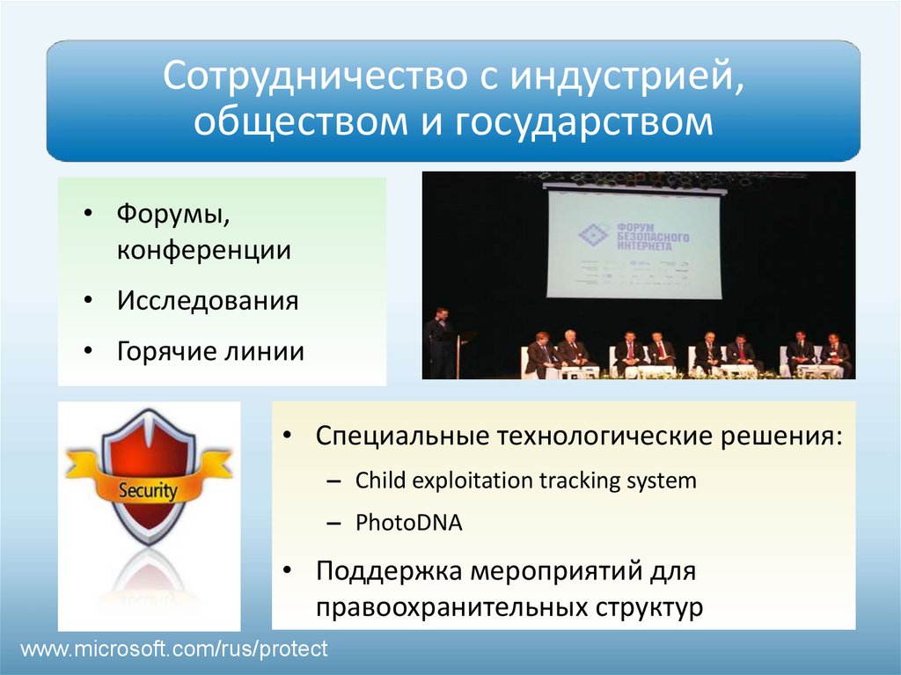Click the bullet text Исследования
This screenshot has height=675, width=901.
208,301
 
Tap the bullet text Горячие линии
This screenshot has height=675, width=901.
210,352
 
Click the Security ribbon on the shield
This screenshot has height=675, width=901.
149,490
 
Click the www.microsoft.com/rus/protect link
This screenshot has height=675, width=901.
174,649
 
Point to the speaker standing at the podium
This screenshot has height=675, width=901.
439,343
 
